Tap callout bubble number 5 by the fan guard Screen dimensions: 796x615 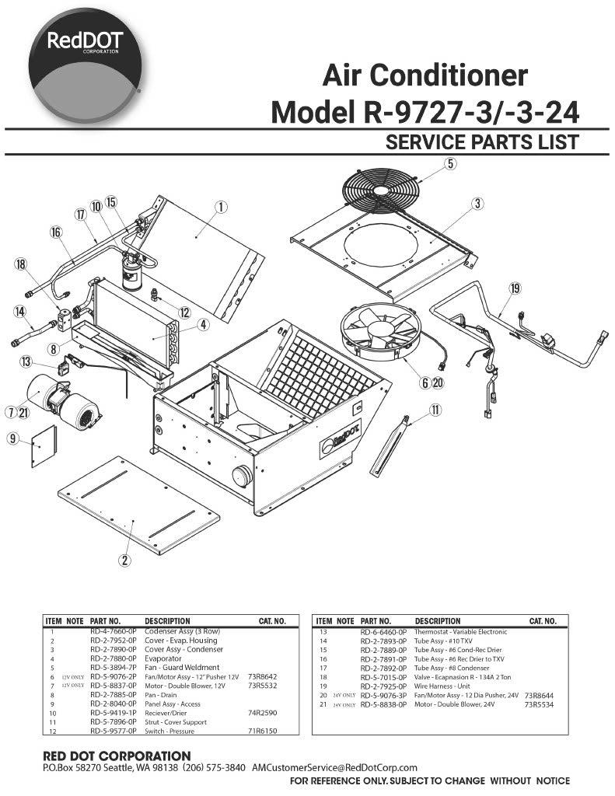(450, 163)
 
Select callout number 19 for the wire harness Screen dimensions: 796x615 (515, 288)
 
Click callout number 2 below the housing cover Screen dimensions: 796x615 (124, 559)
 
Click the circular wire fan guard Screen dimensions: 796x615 (381, 190)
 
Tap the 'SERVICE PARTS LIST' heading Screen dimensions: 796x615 (482, 142)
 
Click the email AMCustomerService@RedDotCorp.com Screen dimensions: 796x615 (334, 768)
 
